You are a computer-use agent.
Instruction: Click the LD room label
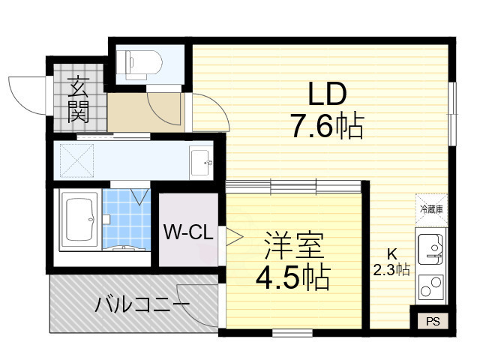tap(327, 95)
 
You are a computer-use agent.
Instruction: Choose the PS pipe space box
tap(433, 320)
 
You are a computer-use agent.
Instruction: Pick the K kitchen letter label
tap(391, 253)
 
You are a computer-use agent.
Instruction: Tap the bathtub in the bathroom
tap(79, 222)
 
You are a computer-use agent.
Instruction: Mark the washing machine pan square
tap(76, 159)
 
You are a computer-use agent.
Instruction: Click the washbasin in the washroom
tap(200, 160)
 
